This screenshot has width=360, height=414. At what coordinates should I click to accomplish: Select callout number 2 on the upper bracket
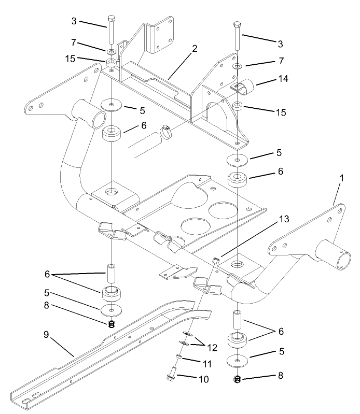point(195,49)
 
